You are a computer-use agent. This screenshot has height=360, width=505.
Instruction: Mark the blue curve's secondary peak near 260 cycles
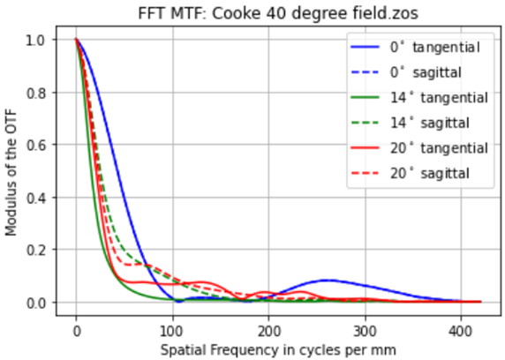(x=327, y=281)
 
